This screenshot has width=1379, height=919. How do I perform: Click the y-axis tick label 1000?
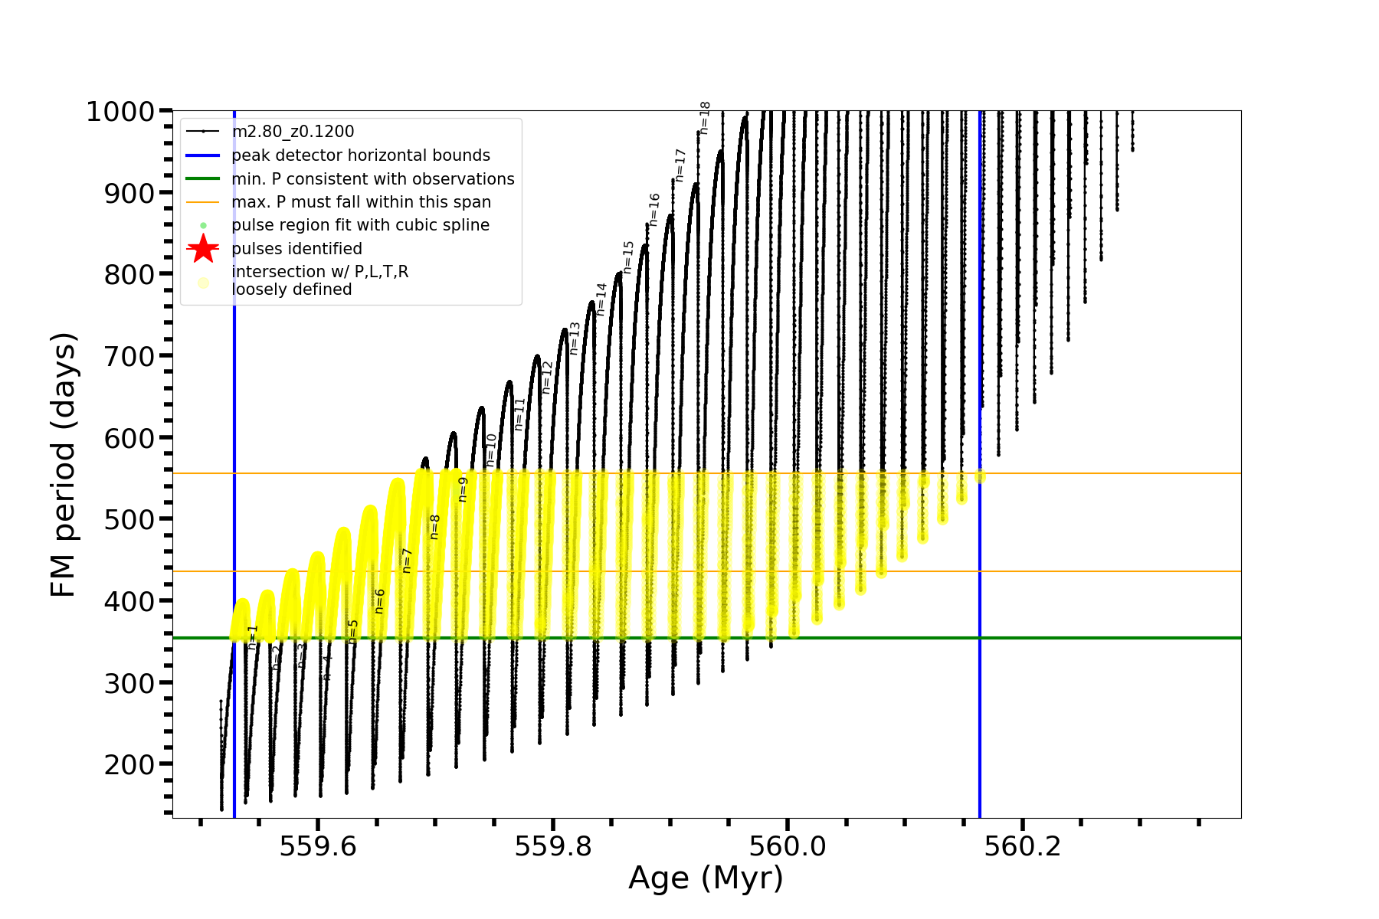tap(120, 112)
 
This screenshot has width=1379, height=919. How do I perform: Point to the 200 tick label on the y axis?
tap(129, 764)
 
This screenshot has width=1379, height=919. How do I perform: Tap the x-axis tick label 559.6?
tap(318, 846)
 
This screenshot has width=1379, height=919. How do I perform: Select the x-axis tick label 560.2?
tap(1022, 846)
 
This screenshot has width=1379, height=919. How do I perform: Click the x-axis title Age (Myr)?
tap(706, 878)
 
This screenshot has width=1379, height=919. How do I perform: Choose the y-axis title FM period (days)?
tap(64, 464)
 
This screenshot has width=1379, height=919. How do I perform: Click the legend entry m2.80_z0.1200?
tap(293, 132)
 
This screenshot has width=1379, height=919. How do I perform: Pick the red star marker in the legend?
tap(203, 248)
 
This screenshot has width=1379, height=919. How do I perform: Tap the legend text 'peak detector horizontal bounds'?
tap(361, 155)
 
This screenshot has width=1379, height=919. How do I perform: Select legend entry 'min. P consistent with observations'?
tap(373, 179)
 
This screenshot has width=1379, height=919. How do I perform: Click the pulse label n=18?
tap(705, 118)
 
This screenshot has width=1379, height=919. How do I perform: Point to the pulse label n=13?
tap(575, 338)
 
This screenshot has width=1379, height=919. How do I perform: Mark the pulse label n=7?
tap(407, 561)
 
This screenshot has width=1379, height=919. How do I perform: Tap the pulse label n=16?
tap(654, 209)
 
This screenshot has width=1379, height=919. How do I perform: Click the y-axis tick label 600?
tap(129, 438)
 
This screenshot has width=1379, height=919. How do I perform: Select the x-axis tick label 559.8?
tap(553, 846)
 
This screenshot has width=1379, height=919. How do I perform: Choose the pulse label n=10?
tap(492, 450)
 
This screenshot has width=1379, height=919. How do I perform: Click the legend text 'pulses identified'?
tap(297, 249)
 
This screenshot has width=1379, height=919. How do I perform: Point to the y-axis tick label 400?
tap(129, 601)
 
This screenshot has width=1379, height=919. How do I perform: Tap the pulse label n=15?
tap(628, 257)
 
